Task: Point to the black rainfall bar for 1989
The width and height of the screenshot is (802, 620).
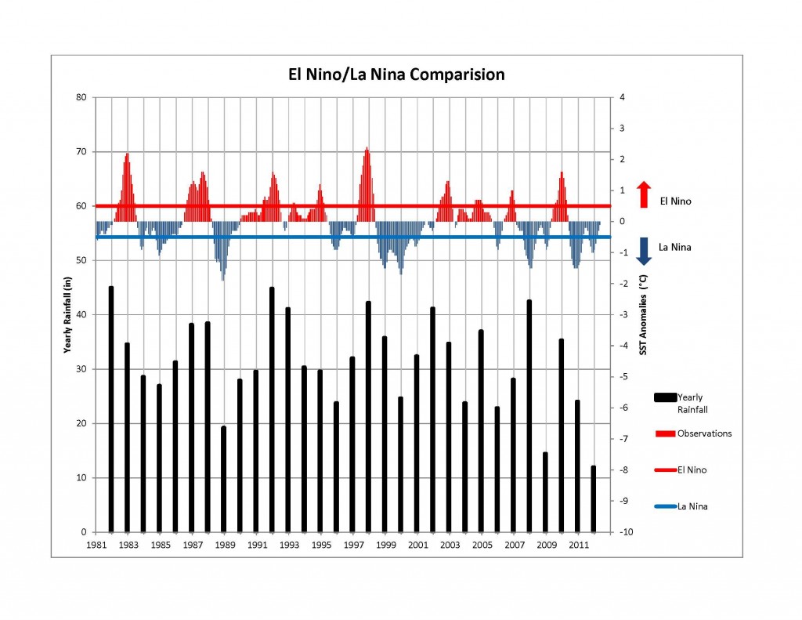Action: pyautogui.click(x=223, y=479)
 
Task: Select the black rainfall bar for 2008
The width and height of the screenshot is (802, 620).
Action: pyautogui.click(x=529, y=416)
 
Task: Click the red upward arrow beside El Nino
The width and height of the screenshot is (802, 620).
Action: pyautogui.click(x=643, y=195)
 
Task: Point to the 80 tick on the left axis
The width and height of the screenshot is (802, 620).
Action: pyautogui.click(x=81, y=98)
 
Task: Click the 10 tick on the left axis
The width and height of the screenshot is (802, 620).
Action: pyautogui.click(x=81, y=478)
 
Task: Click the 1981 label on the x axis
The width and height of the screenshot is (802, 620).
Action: pyautogui.click(x=96, y=545)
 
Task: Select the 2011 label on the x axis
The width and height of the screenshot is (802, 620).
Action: pyautogui.click(x=578, y=545)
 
